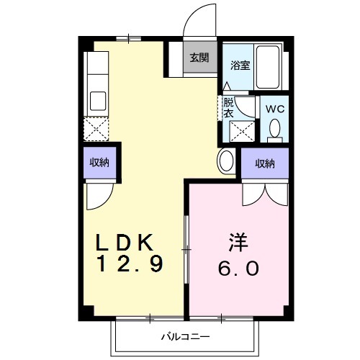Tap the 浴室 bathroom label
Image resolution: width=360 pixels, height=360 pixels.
click(x=240, y=65)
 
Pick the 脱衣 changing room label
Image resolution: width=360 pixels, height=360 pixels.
click(x=228, y=107)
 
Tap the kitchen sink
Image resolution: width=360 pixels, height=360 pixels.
click(x=96, y=100)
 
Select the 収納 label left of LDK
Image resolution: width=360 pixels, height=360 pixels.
click(x=99, y=162)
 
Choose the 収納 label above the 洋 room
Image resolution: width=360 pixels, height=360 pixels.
click(x=265, y=163)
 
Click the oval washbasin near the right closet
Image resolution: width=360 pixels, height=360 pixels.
click(x=225, y=161)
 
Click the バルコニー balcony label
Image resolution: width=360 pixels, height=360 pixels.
click(x=184, y=336)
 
